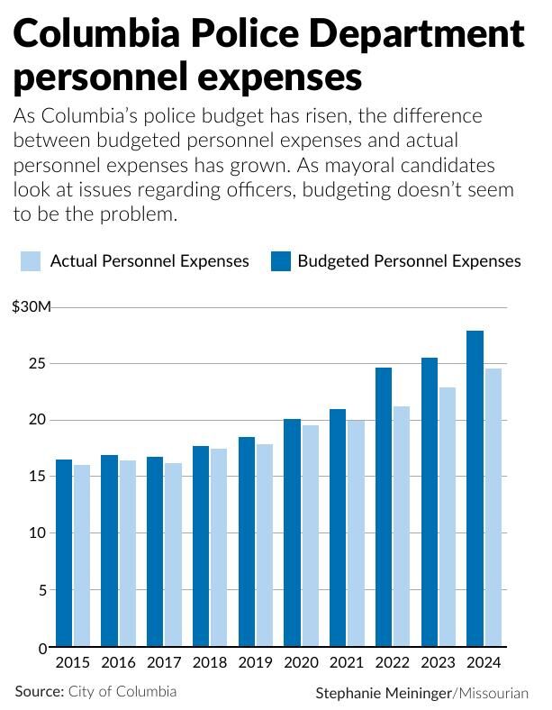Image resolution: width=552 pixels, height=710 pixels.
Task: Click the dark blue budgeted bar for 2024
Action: click(x=475, y=489)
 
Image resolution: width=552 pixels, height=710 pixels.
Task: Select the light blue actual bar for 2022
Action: click(x=401, y=527)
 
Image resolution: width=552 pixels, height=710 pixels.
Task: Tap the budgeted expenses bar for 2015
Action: click(x=64, y=553)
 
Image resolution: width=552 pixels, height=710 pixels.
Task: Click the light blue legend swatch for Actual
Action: click(x=30, y=261)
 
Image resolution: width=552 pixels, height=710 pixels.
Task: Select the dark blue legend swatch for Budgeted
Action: click(x=280, y=261)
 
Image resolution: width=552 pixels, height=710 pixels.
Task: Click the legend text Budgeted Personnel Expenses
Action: click(x=409, y=261)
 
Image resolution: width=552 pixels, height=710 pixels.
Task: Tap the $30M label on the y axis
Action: click(x=32, y=307)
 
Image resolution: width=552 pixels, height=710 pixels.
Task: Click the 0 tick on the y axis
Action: click(x=42, y=648)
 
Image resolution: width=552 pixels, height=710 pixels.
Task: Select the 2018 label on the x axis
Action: click(x=210, y=663)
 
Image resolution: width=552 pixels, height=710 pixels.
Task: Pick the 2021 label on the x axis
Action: click(x=347, y=663)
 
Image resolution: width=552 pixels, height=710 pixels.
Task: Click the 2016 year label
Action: click(x=118, y=663)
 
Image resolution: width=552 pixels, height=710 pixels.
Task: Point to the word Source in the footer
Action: click(x=38, y=691)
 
